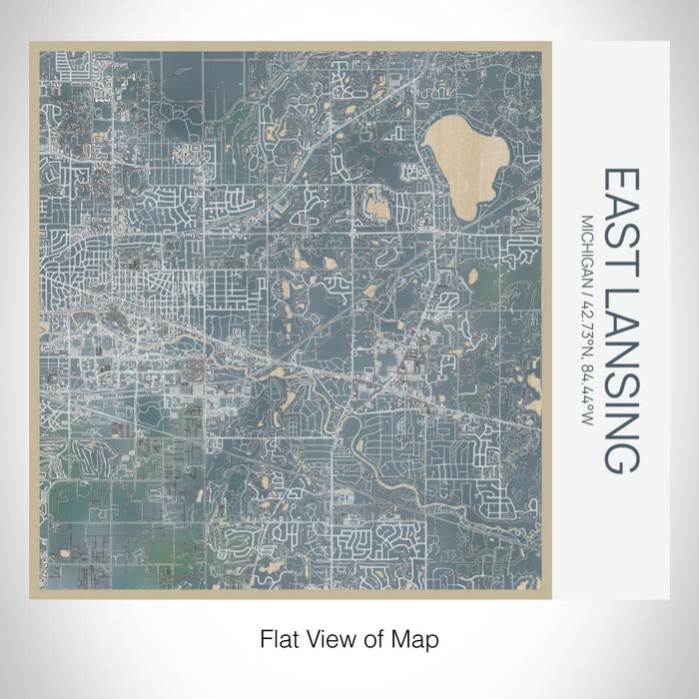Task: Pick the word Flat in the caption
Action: tap(278, 638)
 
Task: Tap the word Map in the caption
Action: tap(418, 638)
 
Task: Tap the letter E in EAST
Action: tap(619, 179)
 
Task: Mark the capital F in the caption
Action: tap(266, 638)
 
